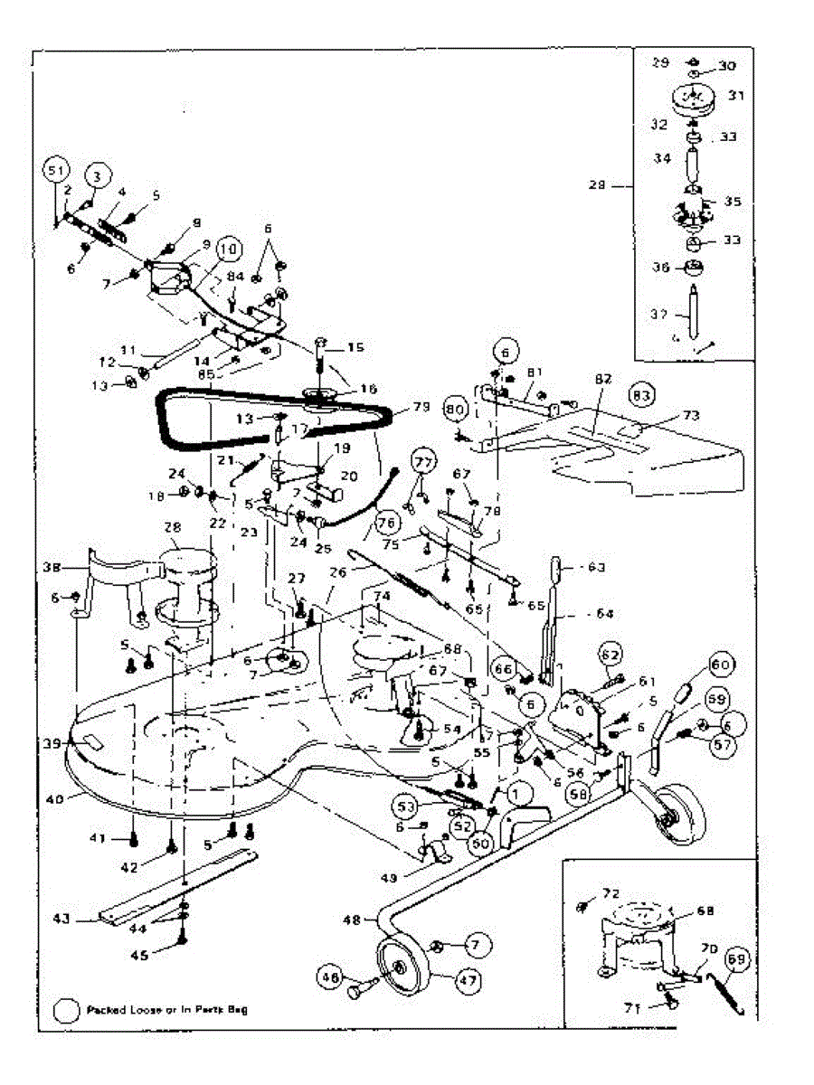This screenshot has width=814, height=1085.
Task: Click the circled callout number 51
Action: coord(56,169)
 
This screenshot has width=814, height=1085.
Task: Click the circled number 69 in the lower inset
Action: coord(737,959)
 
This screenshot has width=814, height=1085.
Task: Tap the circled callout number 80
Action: coord(454,410)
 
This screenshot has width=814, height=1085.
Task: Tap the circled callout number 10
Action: coord(227,248)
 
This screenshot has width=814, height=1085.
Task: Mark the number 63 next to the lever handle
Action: coord(595,568)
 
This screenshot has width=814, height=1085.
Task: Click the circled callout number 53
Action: coord(406,805)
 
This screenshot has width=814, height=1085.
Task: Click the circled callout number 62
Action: coord(611,654)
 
